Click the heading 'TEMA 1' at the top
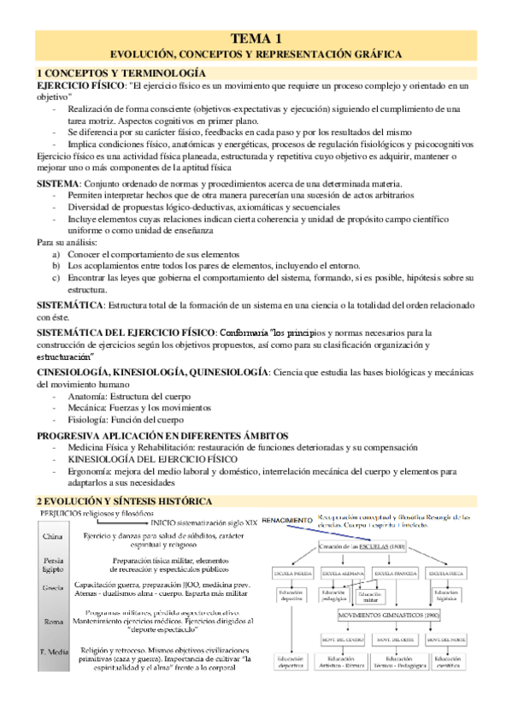(256, 38)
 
